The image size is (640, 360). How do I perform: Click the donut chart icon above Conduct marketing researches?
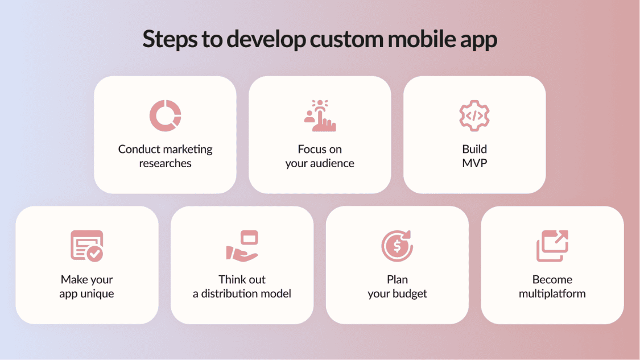[x=166, y=115]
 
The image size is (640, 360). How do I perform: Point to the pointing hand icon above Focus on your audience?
[x=320, y=115]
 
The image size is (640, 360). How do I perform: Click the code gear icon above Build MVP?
[x=474, y=115]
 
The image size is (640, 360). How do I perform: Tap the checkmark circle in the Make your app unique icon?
[x=95, y=254]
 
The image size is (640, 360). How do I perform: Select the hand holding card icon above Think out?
[x=242, y=246]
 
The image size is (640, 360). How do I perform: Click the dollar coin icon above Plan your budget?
[x=397, y=246]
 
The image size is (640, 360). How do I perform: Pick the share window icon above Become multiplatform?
[x=552, y=246]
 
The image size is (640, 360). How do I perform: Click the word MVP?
[x=474, y=163]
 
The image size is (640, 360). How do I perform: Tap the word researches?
[x=166, y=163]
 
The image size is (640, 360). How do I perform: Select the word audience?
[x=331, y=163]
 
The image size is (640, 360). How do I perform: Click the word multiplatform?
[x=552, y=294]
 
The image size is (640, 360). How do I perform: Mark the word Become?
[x=552, y=280]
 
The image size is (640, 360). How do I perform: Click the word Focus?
[x=308, y=150]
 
